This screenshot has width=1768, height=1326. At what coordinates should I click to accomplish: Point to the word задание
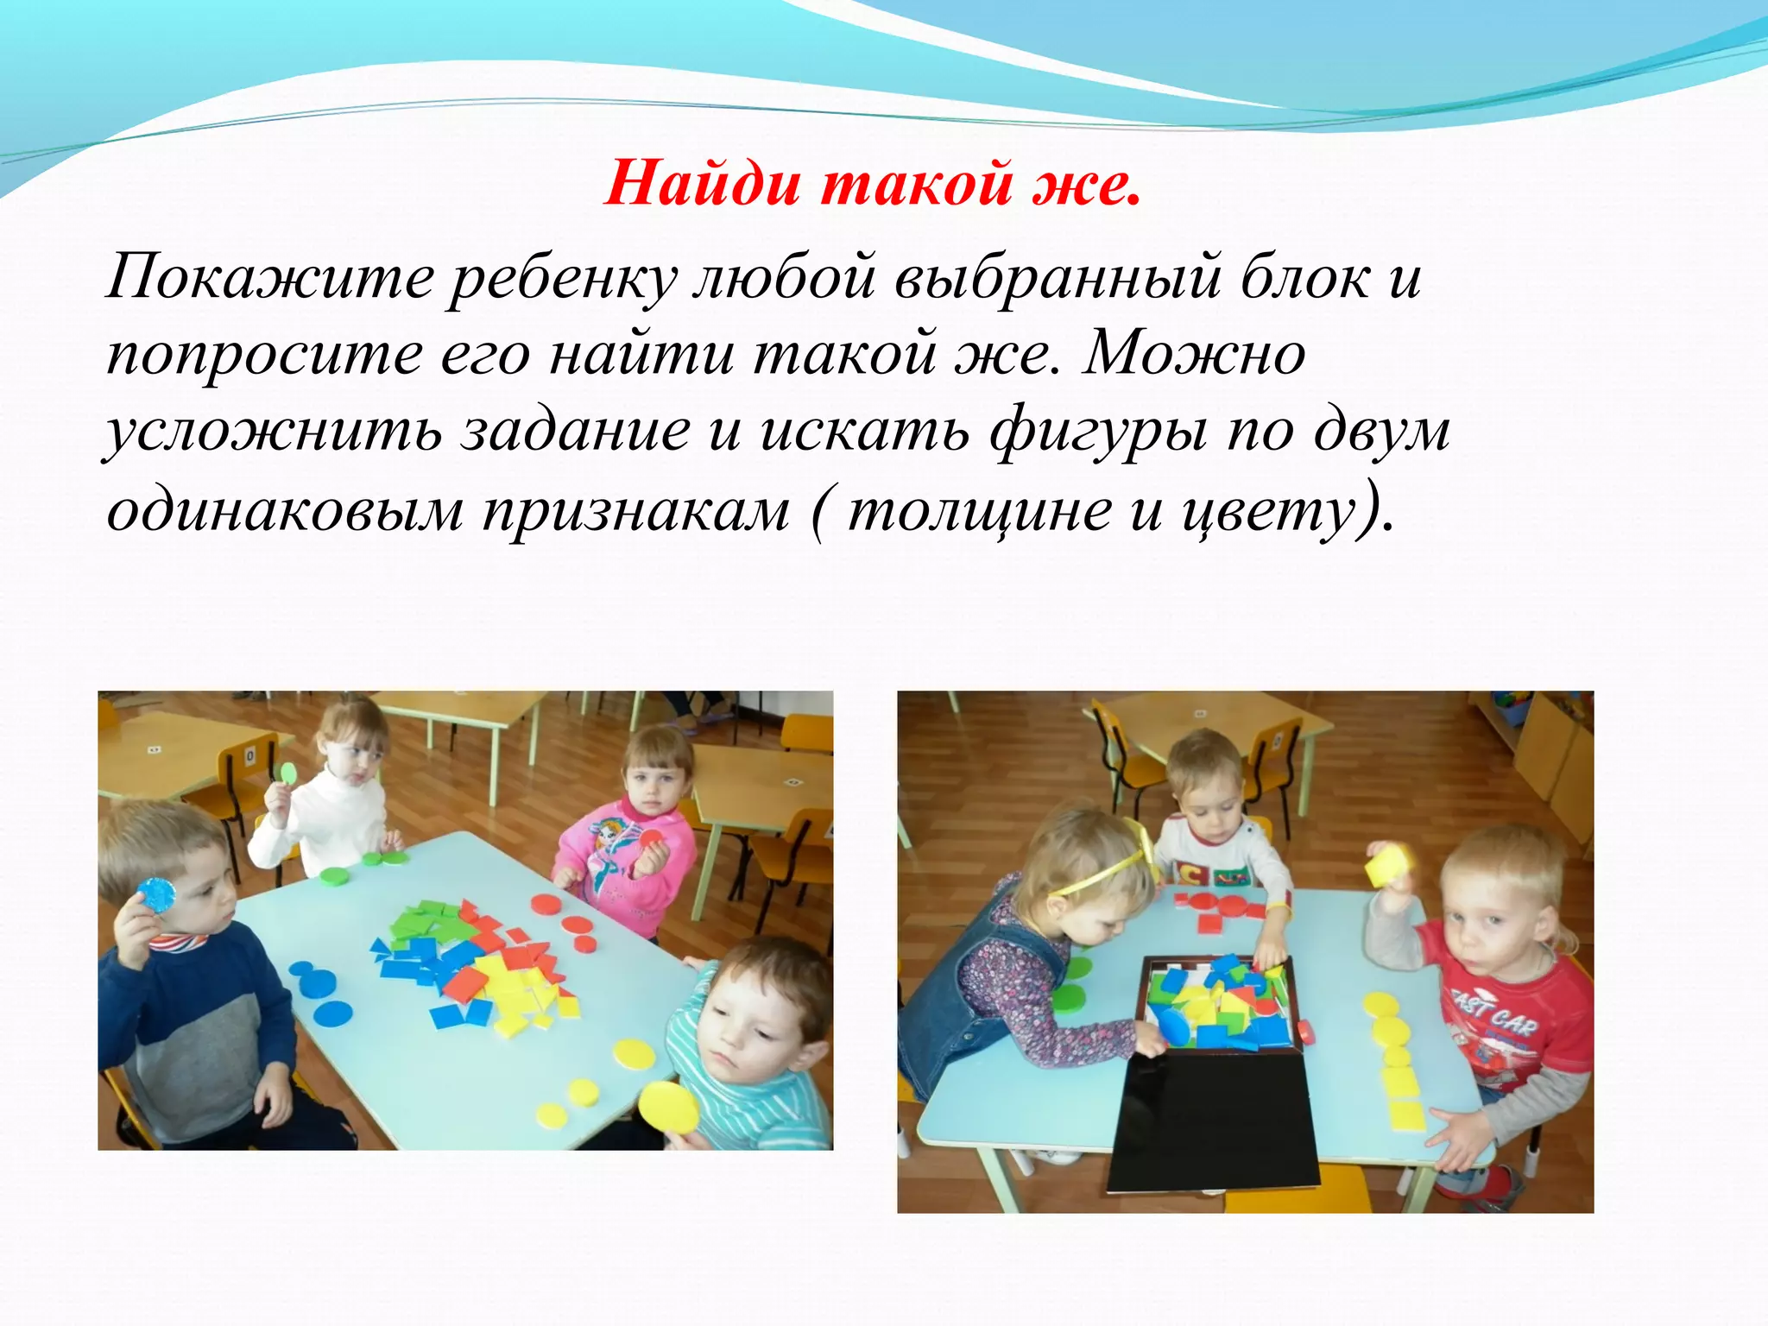click(x=575, y=430)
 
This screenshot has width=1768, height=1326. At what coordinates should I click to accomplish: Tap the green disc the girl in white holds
click(x=288, y=773)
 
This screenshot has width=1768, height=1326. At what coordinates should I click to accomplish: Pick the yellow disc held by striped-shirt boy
click(x=669, y=1108)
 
